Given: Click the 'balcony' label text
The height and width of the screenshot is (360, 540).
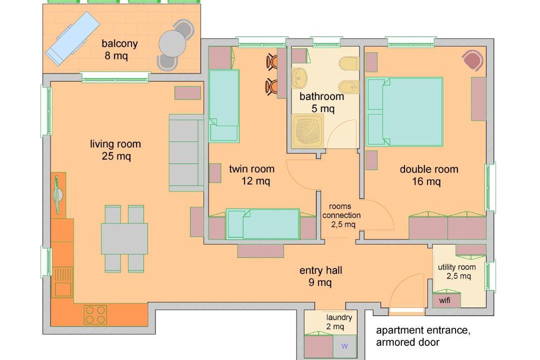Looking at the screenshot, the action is click(119, 43).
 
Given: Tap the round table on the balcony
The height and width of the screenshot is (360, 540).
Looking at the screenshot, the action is click(172, 44).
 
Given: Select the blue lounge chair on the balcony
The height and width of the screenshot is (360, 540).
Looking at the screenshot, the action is click(72, 38).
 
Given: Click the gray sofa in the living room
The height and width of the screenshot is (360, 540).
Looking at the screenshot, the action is click(186, 153).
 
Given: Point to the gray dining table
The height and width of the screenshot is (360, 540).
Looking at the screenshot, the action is click(124, 238).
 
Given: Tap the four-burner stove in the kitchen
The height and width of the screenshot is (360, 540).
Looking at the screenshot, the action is click(95, 315).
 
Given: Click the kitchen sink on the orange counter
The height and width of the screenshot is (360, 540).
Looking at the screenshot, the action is click(62, 282).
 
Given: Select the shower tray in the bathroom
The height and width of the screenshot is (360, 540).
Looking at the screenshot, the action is click(308, 131).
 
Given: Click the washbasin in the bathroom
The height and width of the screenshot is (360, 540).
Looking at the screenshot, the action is click(299, 78).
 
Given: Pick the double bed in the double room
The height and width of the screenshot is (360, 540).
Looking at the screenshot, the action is click(404, 112).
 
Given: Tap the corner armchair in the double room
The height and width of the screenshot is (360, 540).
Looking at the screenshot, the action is click(473, 60).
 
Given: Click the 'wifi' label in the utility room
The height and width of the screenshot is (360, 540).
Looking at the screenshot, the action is click(444, 300).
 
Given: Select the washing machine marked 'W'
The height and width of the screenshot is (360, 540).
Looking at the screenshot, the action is click(344, 346).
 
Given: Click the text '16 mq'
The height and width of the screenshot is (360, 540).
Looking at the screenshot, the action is click(426, 181).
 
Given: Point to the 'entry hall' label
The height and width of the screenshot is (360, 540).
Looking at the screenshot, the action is click(320, 270).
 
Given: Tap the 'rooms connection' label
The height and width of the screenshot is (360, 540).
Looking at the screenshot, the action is click(341, 211).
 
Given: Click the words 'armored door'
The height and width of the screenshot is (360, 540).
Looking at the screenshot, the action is click(408, 342).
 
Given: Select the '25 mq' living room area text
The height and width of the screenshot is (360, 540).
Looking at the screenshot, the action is click(116, 156).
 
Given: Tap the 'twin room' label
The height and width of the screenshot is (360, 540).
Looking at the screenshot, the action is click(251, 169).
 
